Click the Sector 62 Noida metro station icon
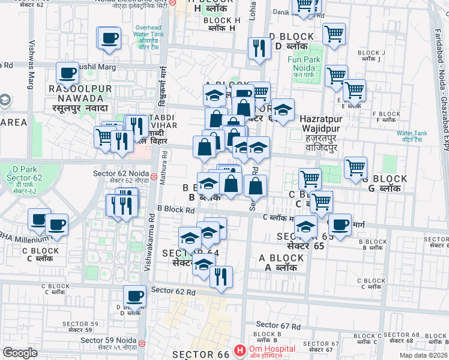pyautogui.click(x=154, y=177)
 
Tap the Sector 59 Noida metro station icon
pyautogui.click(x=142, y=344)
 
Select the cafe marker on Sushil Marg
pyautogui.click(x=68, y=73)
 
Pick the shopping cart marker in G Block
pyautogui.click(x=355, y=167)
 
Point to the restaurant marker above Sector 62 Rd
pyautogui.click(x=221, y=277)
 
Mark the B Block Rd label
pyautogui.click(x=176, y=210)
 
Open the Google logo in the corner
pyautogui.click(x=20, y=353)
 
